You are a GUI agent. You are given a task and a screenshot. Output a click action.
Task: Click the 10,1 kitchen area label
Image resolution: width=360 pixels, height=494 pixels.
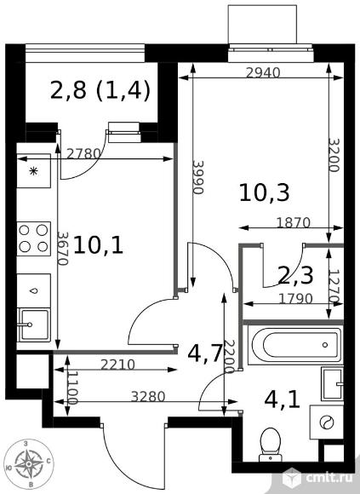click(98, 246)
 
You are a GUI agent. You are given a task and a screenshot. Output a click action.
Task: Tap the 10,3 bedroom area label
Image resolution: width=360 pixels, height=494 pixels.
click(265, 192)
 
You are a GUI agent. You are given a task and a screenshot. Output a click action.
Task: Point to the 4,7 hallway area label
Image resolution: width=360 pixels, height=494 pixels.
click(206, 353)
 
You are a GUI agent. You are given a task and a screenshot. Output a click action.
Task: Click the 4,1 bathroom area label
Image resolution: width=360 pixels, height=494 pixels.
click(282, 400)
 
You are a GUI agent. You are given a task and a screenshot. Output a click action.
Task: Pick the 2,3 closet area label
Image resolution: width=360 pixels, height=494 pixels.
click(296, 276)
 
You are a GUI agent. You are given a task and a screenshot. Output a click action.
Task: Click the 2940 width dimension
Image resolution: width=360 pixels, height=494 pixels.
click(263, 73)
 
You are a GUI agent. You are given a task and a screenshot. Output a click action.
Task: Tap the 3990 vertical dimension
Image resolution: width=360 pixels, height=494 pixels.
click(198, 178)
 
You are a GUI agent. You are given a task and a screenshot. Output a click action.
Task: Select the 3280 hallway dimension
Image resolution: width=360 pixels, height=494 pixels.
click(148, 397)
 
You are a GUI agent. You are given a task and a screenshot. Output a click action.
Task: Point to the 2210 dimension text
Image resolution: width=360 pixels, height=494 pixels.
click(117, 365)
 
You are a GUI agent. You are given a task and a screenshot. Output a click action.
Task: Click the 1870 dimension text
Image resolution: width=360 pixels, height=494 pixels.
click(294, 223)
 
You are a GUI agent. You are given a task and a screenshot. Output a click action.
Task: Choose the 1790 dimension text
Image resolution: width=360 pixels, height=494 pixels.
click(295, 298)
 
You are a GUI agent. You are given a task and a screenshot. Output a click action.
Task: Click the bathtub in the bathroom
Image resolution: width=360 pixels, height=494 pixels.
click(295, 345)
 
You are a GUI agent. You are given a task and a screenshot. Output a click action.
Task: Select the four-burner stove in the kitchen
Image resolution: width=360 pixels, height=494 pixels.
click(33, 238)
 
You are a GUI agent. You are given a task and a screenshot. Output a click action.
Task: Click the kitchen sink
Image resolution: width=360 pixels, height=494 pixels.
click(34, 325)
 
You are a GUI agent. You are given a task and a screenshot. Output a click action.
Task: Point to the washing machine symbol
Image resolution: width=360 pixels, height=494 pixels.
click(326, 422)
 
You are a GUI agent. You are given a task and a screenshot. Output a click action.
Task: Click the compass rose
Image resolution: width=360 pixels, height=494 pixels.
click(29, 463)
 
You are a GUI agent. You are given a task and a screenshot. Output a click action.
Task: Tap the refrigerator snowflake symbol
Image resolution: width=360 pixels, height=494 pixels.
click(33, 171)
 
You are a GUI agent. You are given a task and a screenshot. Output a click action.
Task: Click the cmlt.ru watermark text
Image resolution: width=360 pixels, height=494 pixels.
click(329, 479)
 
